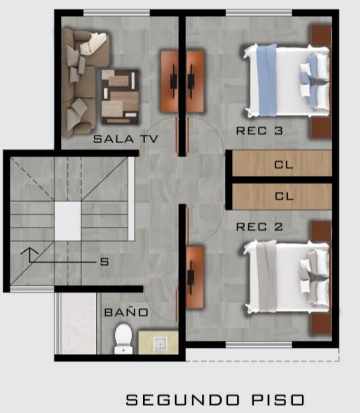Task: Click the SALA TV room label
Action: [126, 139]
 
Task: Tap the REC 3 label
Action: [259, 131]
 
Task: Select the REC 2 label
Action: [259, 227]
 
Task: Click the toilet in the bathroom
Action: [123, 339]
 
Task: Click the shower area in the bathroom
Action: [78, 323]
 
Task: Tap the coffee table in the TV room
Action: [120, 97]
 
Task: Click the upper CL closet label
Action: [284, 165]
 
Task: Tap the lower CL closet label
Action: [284, 196]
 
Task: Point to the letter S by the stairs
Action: [105, 262]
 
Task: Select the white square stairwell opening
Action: [68, 221]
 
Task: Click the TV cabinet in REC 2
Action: [195, 277]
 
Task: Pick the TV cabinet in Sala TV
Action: [170, 81]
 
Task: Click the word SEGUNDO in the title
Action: [183, 399]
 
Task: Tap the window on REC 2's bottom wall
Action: [259, 345]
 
